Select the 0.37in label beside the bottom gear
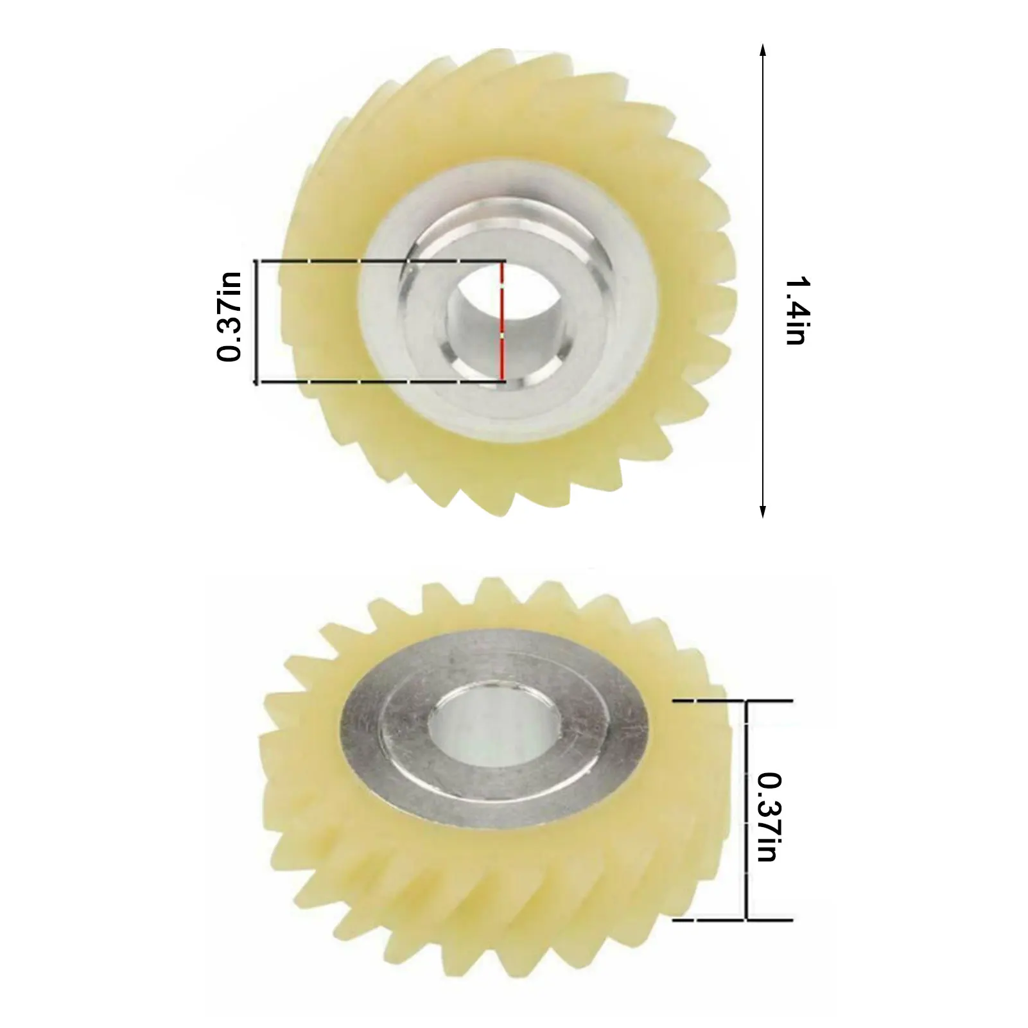coord(769,817)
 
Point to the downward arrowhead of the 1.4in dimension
coord(762,512)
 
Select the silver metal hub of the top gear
coord(411,360)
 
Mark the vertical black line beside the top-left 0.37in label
coord(257,321)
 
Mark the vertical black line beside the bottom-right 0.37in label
coord(746,809)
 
